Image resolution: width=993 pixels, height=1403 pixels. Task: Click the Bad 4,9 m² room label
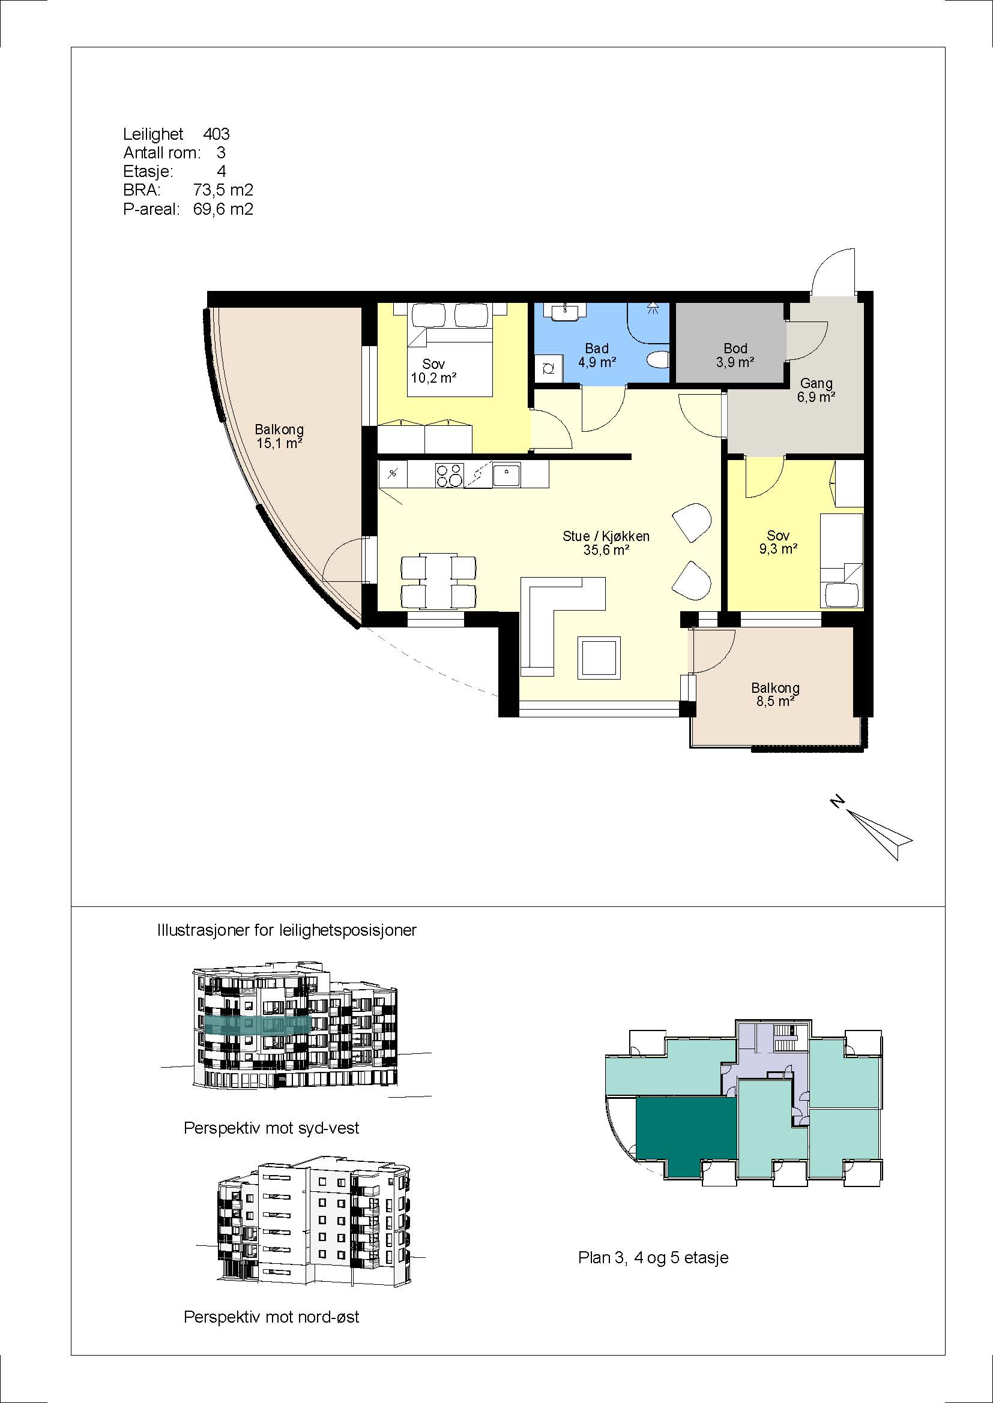point(597,355)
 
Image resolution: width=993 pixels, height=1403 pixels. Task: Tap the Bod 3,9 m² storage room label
point(735,355)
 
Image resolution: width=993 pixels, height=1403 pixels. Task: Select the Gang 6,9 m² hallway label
point(816,390)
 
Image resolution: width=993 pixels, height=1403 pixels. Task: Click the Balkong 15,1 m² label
point(279,436)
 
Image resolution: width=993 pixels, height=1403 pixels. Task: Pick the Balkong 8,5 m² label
point(775,694)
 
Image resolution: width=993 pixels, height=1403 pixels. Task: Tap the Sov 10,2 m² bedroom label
point(433,371)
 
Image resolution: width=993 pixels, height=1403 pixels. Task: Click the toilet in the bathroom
point(659,360)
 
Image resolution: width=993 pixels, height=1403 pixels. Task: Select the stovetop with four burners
point(449,475)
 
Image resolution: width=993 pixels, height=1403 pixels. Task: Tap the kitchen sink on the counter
point(507,475)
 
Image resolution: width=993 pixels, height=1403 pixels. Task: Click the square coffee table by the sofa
point(600,657)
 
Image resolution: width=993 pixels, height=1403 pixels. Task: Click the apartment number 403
point(217,134)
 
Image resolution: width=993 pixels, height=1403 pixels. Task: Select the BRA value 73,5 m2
point(223,190)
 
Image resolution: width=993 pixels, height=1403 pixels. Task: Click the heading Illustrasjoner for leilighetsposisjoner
point(287,930)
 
